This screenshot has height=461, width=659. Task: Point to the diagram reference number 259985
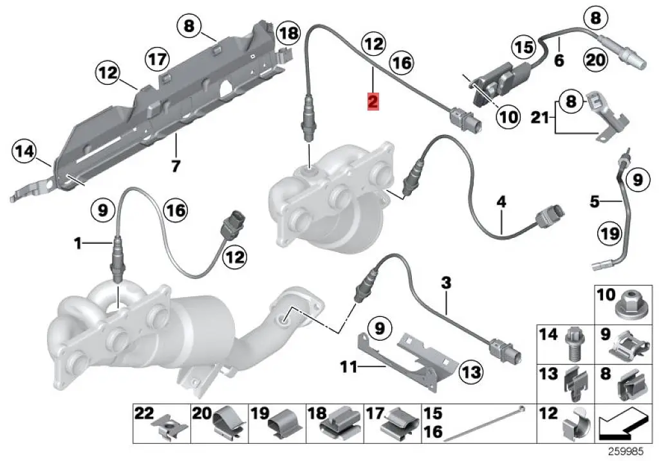click(631, 453)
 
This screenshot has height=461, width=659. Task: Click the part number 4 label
click(501, 203)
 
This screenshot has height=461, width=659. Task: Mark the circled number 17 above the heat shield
click(157, 59)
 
